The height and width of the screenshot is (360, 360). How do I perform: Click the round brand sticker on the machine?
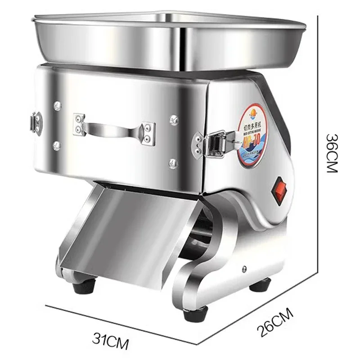click(x=252, y=135)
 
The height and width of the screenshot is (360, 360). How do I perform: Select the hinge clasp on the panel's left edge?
click(x=36, y=123)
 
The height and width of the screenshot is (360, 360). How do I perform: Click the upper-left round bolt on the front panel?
click(x=57, y=106)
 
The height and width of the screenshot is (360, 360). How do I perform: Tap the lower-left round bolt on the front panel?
click(x=57, y=145)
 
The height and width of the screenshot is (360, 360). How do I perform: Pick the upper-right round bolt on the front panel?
click(x=174, y=120)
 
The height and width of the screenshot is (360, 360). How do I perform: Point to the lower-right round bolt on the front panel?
click(x=173, y=163)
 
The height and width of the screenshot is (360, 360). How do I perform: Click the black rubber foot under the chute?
click(x=84, y=286)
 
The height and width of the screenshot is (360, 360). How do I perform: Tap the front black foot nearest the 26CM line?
click(x=195, y=313)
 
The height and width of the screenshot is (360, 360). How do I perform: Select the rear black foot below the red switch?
click(x=260, y=284)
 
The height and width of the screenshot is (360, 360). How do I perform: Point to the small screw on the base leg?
click(x=244, y=269)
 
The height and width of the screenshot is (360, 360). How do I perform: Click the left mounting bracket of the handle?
click(x=80, y=124)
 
